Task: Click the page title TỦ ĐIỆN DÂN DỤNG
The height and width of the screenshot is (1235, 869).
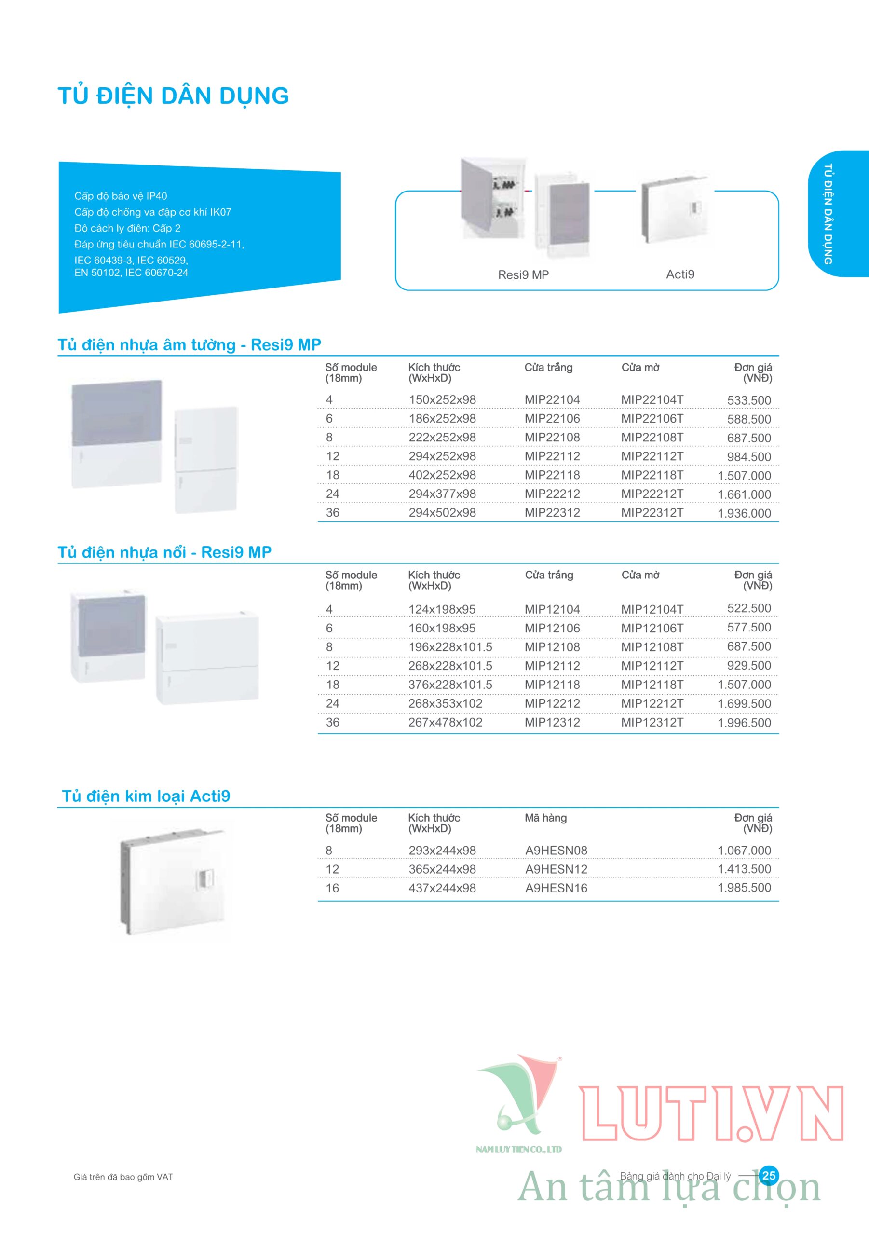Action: click(x=173, y=96)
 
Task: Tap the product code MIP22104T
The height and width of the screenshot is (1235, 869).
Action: click(x=652, y=399)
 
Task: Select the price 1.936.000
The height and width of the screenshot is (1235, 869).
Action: click(x=744, y=513)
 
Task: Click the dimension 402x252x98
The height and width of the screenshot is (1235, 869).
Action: click(x=442, y=475)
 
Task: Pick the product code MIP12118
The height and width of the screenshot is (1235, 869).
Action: click(x=552, y=685)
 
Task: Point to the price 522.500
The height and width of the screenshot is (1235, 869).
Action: click(x=748, y=608)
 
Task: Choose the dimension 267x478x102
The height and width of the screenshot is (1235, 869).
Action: click(x=445, y=722)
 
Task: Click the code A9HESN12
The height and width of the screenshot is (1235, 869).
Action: click(x=556, y=869)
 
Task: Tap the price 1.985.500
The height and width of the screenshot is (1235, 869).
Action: click(x=744, y=888)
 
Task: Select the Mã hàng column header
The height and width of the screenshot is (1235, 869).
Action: click(x=545, y=818)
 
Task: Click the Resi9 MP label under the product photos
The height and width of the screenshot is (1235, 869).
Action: click(x=523, y=275)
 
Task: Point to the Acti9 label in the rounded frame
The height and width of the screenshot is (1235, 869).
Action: click(x=680, y=274)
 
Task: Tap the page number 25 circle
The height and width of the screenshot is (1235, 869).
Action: click(x=769, y=1175)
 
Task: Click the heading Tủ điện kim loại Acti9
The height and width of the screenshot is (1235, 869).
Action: click(x=146, y=796)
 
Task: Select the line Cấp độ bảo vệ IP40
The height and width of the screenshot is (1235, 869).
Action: click(x=121, y=196)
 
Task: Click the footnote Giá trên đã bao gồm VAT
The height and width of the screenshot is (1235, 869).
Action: click(x=123, y=1177)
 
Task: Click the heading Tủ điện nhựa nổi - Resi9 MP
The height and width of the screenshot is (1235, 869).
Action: click(x=164, y=552)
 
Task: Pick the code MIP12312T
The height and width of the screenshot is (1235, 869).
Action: click(x=652, y=722)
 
